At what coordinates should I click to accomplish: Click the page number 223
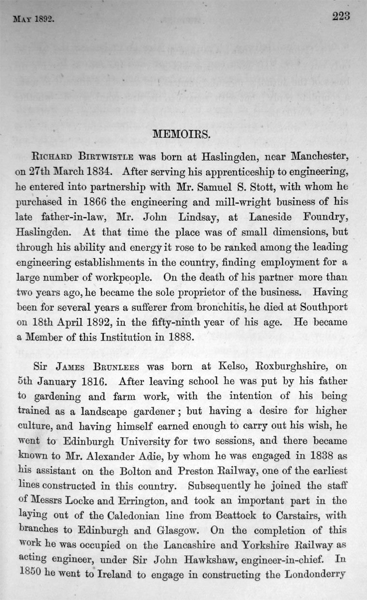[340, 16]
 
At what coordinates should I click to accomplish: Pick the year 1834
[100, 171]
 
